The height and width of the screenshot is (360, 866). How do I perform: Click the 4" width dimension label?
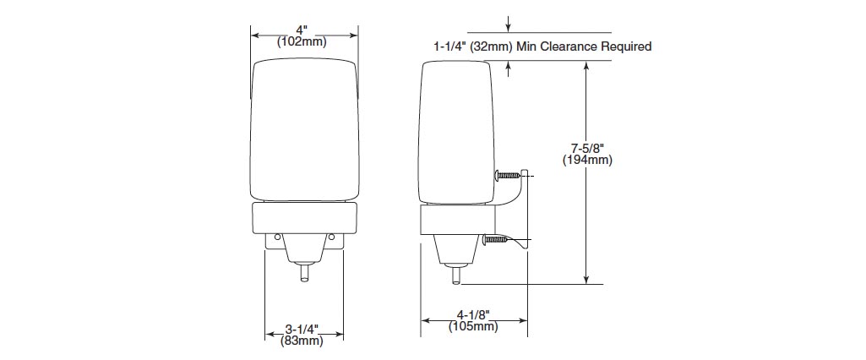302,30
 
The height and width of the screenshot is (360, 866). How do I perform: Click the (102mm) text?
302,41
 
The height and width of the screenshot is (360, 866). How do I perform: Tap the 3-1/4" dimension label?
302,330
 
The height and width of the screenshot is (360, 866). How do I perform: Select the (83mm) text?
302,341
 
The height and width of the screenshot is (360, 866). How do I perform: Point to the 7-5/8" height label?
588,149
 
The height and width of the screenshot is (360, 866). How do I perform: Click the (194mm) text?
588,160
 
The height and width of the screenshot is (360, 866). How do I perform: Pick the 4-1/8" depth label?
473,315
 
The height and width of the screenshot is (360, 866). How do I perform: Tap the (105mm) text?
473,326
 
